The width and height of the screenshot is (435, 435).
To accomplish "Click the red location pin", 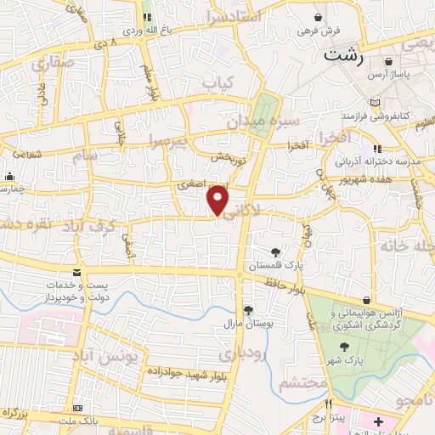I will point(218,200).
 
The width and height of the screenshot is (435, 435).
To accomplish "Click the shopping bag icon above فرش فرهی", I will point(319,17).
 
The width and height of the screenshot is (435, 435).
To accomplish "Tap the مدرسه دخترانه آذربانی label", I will point(378,161).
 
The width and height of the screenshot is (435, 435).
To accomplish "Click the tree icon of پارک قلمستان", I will point(275,251).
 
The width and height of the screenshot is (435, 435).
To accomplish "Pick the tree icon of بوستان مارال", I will point(247,310).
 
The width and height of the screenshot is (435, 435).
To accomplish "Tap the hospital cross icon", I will point(378,421).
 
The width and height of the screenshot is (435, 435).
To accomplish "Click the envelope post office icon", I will point(77,272).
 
